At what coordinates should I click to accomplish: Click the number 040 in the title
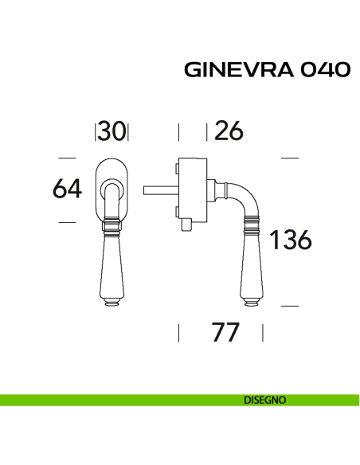(324, 70)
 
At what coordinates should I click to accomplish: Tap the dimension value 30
(112, 131)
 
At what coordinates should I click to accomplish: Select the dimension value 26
(229, 131)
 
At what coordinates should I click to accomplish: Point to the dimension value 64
(68, 190)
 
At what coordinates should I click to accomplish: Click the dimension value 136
(290, 239)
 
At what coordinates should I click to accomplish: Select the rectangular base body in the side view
(192, 190)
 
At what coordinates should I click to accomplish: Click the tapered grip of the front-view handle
(112, 267)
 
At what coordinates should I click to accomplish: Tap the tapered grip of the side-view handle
(252, 267)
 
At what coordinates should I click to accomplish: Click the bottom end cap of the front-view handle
(112, 303)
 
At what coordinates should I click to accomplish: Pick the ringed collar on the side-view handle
(252, 230)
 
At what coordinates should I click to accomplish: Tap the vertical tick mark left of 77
(178, 332)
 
